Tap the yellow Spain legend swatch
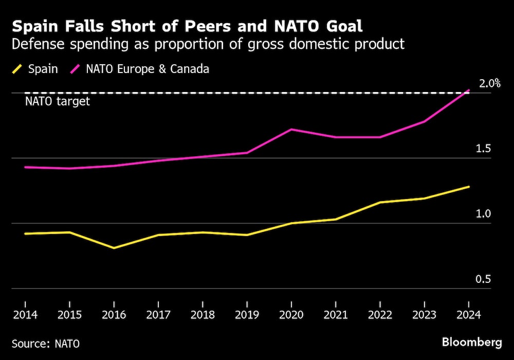tap(17, 69)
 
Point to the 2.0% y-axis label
tap(490, 83)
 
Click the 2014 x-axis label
tap(25, 315)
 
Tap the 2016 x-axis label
tap(114, 315)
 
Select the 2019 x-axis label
tap(247, 315)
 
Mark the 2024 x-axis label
tap(469, 315)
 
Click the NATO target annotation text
tap(58, 101)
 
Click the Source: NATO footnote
tap(46, 343)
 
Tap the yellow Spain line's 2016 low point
tap(114, 248)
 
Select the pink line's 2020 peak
tap(291, 129)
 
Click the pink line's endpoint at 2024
tap(469, 90)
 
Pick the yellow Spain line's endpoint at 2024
tap(469, 187)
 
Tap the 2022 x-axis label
tap(380, 315)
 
